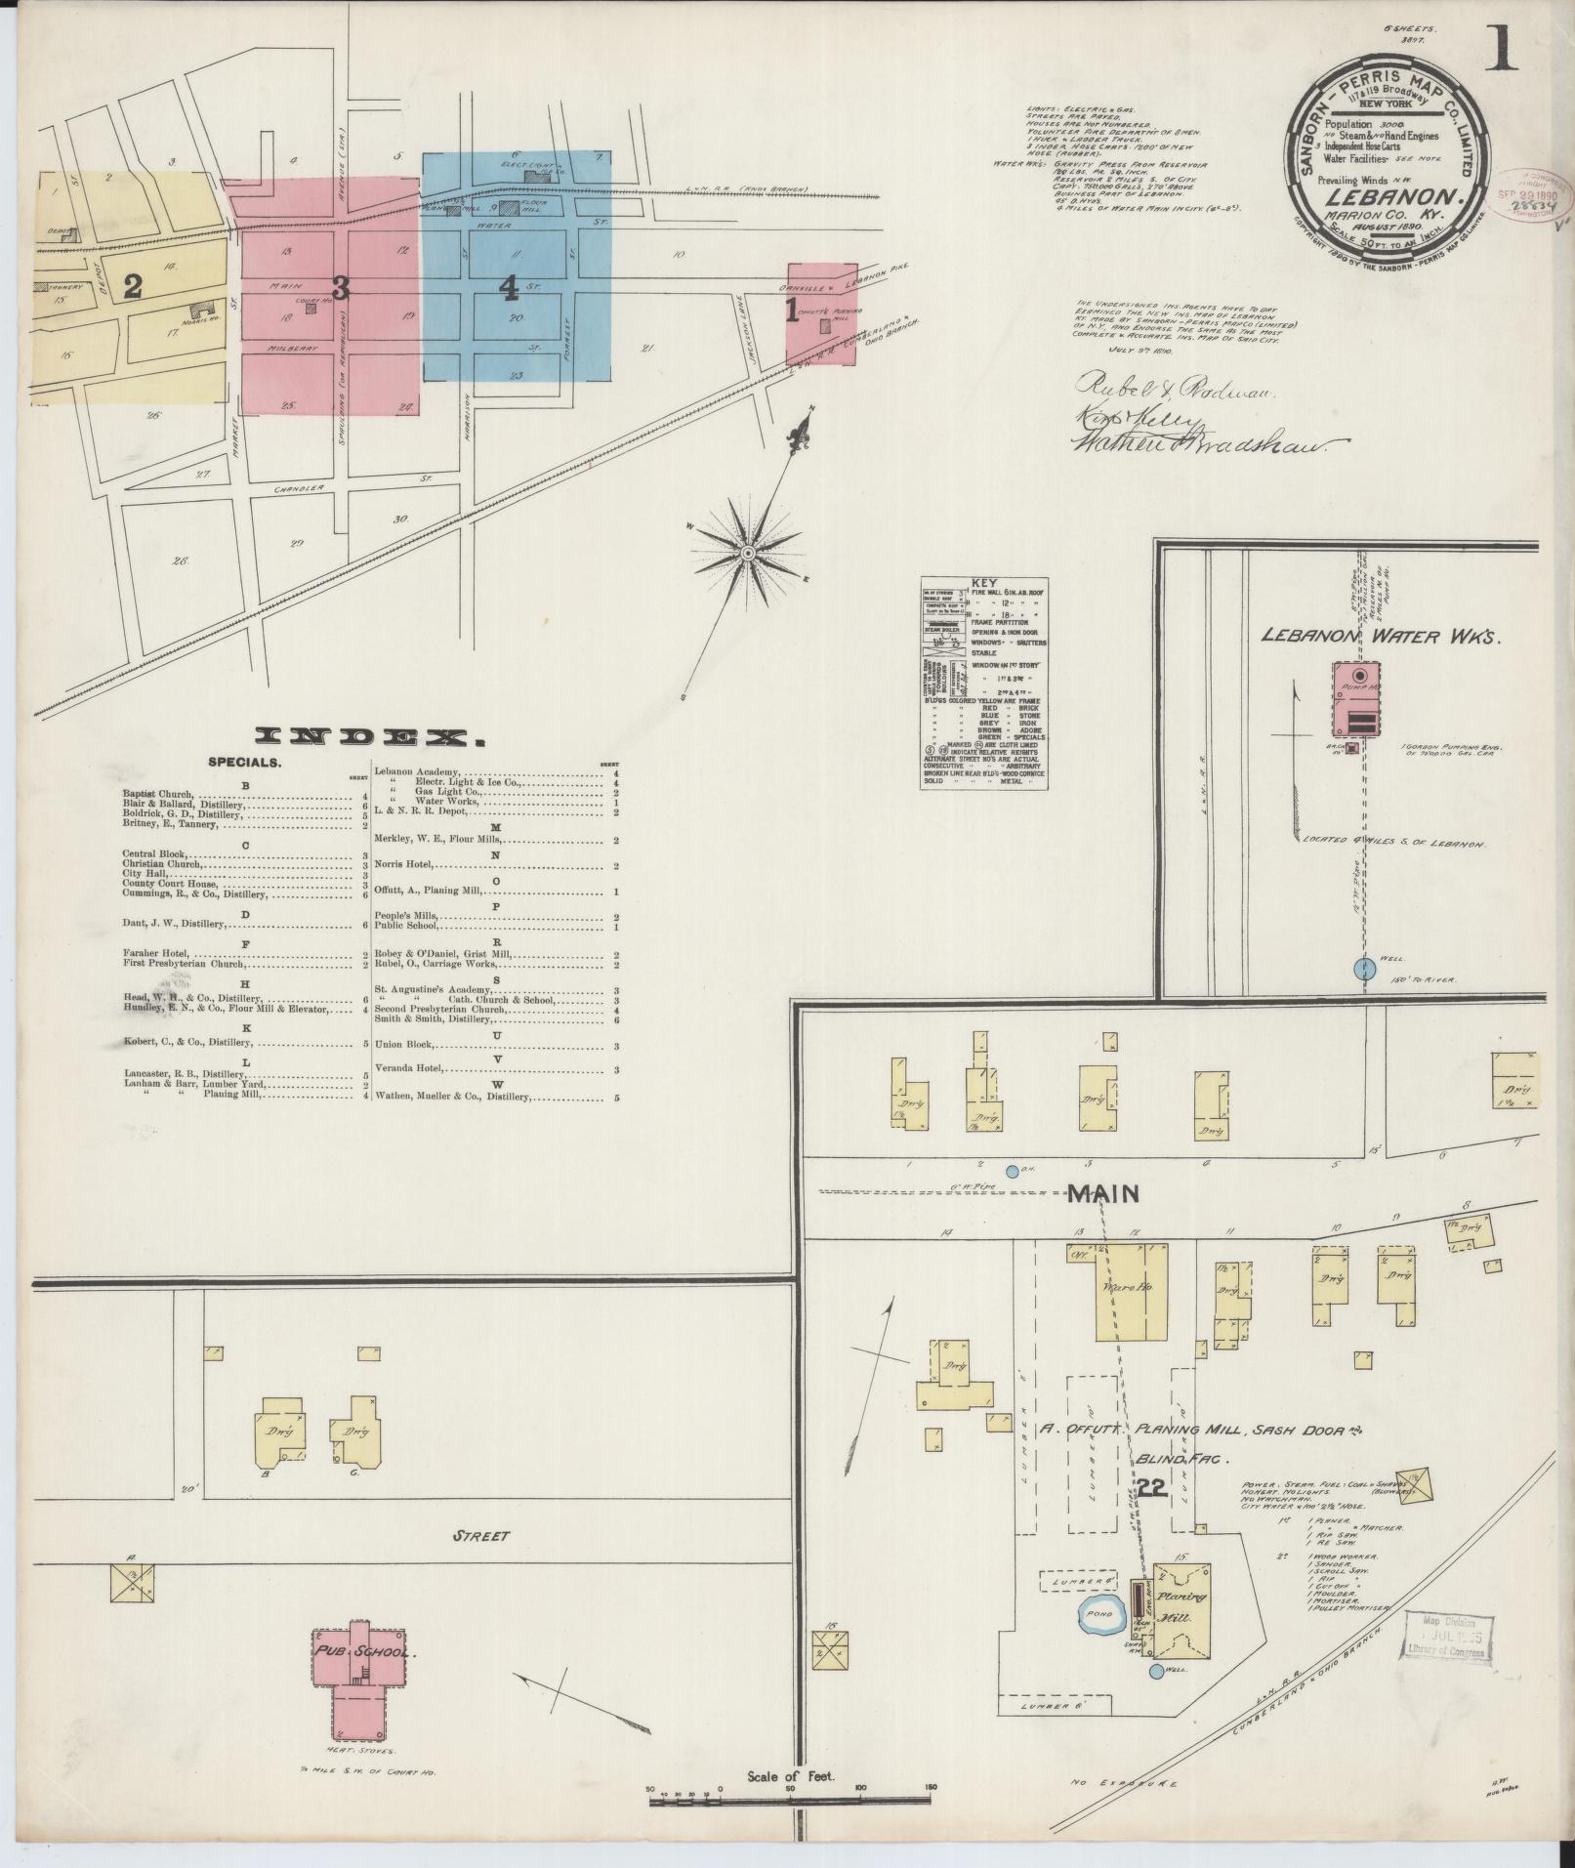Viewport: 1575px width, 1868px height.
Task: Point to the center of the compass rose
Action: [748, 554]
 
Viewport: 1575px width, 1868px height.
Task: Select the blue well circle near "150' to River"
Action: [1364, 968]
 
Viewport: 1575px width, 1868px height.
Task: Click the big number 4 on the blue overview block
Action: [508, 286]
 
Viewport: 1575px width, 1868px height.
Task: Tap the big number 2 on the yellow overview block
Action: [133, 286]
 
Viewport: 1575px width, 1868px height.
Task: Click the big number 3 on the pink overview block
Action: [340, 288]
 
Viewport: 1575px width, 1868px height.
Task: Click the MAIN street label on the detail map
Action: [1103, 1193]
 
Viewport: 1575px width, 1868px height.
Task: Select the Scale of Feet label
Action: [790, 1776]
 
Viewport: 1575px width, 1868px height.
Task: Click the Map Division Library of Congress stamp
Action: [1446, 1635]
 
